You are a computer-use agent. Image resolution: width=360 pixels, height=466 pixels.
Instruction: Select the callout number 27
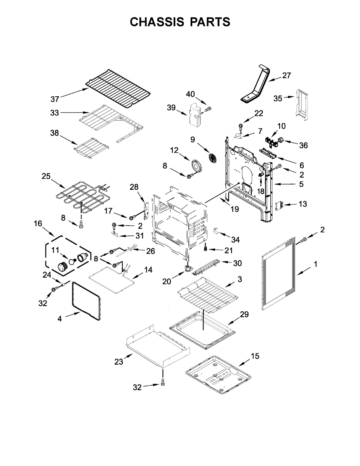[x=286, y=76]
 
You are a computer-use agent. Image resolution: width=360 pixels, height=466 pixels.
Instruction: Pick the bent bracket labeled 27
[x=256, y=85]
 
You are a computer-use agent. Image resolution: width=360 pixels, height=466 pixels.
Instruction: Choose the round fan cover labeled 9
[x=213, y=158]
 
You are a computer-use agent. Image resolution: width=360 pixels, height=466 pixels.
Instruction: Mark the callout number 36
[x=303, y=145]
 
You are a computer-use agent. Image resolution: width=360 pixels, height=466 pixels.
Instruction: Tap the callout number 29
[x=244, y=314]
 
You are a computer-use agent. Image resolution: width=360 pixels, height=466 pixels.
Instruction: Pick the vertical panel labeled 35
[x=302, y=103]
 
